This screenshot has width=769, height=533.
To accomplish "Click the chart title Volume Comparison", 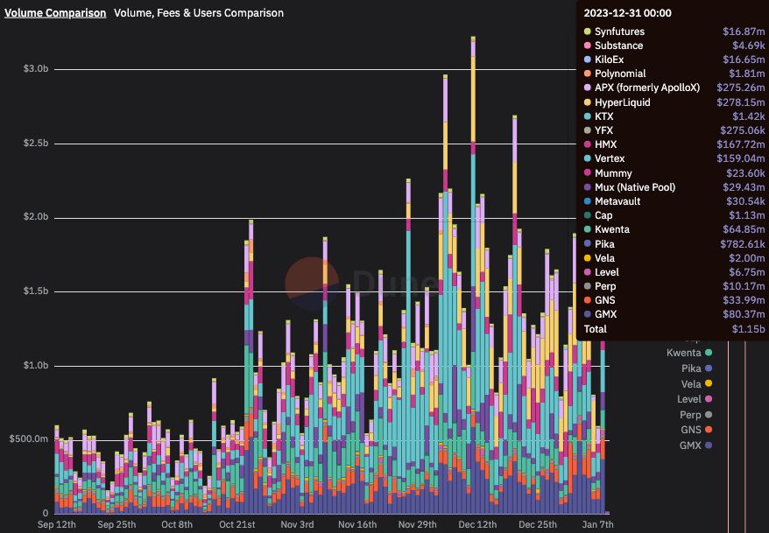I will point(55,13).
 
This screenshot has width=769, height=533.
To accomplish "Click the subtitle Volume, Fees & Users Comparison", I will point(198,13).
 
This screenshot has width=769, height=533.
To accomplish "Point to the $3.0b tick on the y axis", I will point(35,68).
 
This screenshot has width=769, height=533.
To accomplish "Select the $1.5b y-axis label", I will point(35,291).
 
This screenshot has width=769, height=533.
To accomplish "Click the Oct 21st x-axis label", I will point(237,524).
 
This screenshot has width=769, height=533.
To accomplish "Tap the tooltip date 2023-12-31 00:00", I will point(628,12).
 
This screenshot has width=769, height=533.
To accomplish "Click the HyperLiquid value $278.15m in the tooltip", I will point(721,102).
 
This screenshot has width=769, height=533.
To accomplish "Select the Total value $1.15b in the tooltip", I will point(724,329).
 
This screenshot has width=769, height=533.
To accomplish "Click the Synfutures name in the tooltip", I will point(619,32).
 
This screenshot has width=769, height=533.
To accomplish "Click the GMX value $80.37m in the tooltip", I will point(723,314).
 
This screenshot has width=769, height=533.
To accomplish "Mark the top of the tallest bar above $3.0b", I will point(473,38).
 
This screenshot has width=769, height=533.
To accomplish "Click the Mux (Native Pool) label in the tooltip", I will point(634,187).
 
